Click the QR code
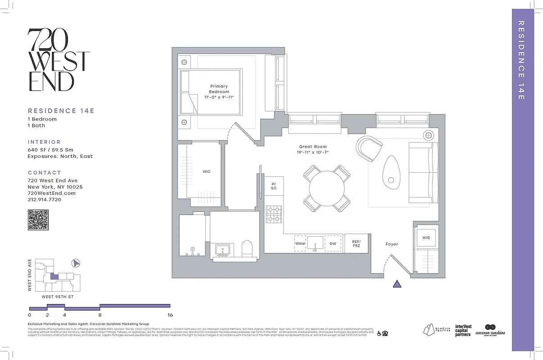tap(38, 220)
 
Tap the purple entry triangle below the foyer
tap(397, 283)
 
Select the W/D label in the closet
tap(425, 238)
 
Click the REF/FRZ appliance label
tap(356, 243)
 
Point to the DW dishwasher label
tap(333, 243)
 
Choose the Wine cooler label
tap(300, 243)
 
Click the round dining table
tap(327, 188)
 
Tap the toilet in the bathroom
tap(248, 248)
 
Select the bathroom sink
tap(222, 250)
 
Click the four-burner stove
tap(273, 214)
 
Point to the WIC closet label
tap(206, 171)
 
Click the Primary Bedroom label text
tap(219, 89)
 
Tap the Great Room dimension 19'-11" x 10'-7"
tap(313, 153)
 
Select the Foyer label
tap(391, 244)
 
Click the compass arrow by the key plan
tap(76, 263)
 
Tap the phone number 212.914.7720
tap(45, 199)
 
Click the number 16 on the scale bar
tap(170, 315)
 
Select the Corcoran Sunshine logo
tap(490, 330)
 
